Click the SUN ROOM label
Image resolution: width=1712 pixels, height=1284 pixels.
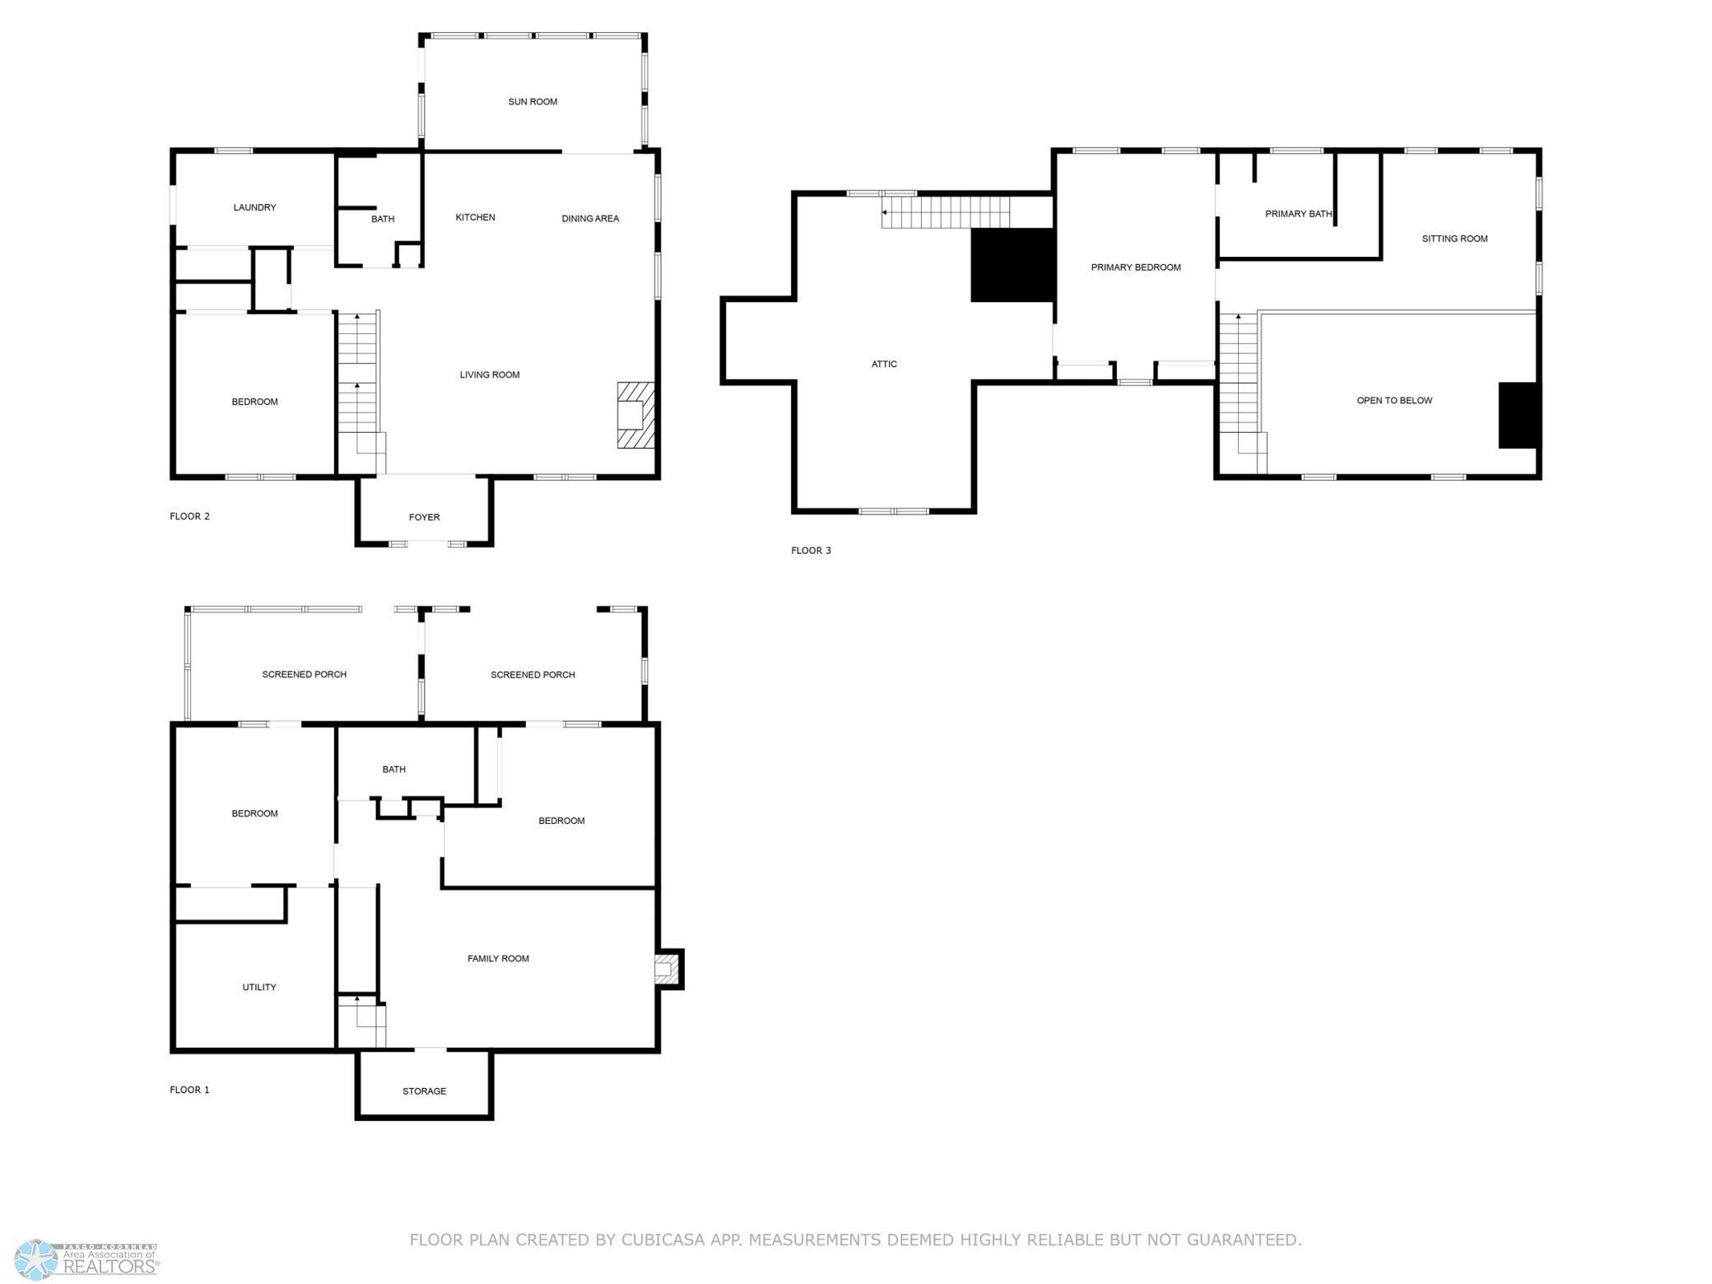(x=533, y=102)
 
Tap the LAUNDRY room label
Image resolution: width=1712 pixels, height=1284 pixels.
(x=254, y=207)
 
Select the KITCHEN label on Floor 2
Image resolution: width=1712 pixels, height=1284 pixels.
(x=475, y=217)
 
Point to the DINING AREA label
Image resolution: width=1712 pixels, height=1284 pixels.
(x=590, y=218)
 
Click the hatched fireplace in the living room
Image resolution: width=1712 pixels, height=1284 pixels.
(x=636, y=415)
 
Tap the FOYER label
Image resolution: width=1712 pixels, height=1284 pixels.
(x=424, y=517)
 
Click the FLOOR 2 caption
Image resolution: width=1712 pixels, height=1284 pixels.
(x=189, y=516)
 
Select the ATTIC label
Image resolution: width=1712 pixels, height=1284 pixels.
(x=884, y=364)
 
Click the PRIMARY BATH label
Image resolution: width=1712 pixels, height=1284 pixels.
(x=1298, y=214)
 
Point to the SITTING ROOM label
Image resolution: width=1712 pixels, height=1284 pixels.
(x=1454, y=239)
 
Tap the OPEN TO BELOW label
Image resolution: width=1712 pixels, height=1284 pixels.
(x=1394, y=401)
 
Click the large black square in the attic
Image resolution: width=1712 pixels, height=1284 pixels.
(x=1012, y=265)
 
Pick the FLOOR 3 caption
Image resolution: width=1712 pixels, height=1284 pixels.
(x=811, y=551)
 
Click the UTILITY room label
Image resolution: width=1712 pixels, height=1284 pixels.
(x=259, y=987)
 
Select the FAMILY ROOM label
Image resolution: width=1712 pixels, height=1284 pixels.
(x=498, y=958)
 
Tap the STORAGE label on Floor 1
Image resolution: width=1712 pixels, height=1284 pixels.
(x=424, y=1091)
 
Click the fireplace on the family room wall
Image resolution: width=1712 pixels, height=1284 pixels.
(x=668, y=969)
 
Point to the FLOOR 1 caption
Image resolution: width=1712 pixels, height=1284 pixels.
(x=189, y=1090)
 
